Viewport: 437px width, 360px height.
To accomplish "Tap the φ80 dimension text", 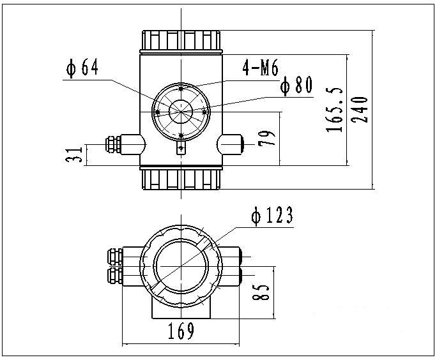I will click(x=296, y=86).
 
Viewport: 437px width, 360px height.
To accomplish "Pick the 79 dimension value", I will click(x=269, y=139).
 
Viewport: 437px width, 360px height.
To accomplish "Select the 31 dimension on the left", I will click(x=75, y=154).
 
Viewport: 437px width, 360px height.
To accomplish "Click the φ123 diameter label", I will click(x=272, y=216).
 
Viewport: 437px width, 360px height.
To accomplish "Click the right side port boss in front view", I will click(x=231, y=144).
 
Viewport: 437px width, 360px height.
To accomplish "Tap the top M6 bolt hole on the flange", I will click(x=181, y=89).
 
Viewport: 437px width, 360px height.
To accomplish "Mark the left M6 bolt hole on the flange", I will click(x=158, y=112).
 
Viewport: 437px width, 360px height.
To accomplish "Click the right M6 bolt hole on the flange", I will click(x=204, y=111).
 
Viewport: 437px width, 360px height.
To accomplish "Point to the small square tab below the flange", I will click(x=181, y=149).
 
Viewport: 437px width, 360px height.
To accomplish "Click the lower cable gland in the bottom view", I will click(x=115, y=275).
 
